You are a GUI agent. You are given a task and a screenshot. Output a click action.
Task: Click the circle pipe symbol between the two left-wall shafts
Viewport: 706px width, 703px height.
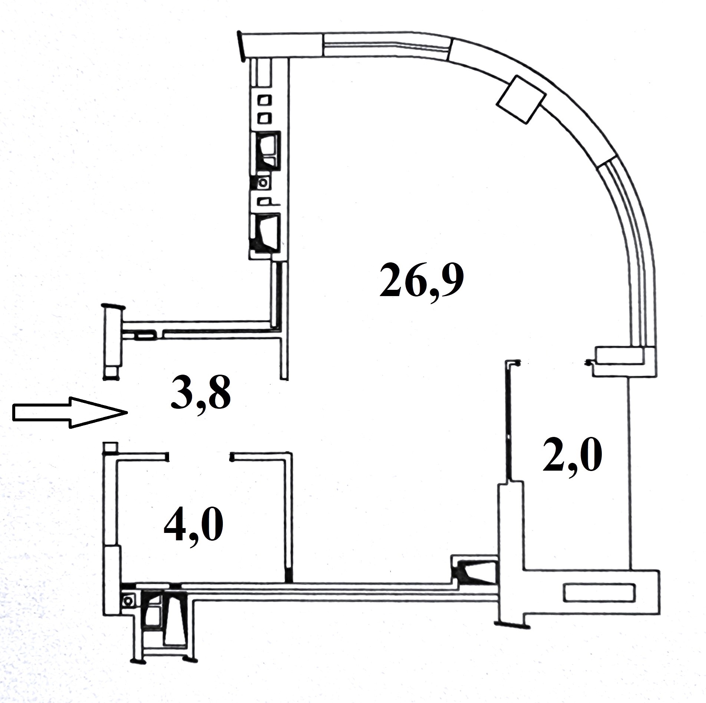[x=264, y=182]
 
